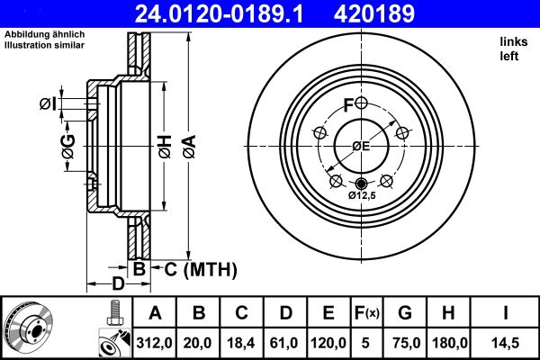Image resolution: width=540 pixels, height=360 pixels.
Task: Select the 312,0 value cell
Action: (x=156, y=341)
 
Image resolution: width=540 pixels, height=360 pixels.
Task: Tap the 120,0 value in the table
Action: (x=329, y=341)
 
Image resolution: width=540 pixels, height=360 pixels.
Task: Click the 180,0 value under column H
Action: (x=446, y=341)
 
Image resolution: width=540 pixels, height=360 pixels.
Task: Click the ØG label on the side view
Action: (x=67, y=147)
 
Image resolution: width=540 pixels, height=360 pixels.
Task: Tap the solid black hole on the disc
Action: (x=362, y=184)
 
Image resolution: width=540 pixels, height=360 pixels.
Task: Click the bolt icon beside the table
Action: (x=112, y=313)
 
